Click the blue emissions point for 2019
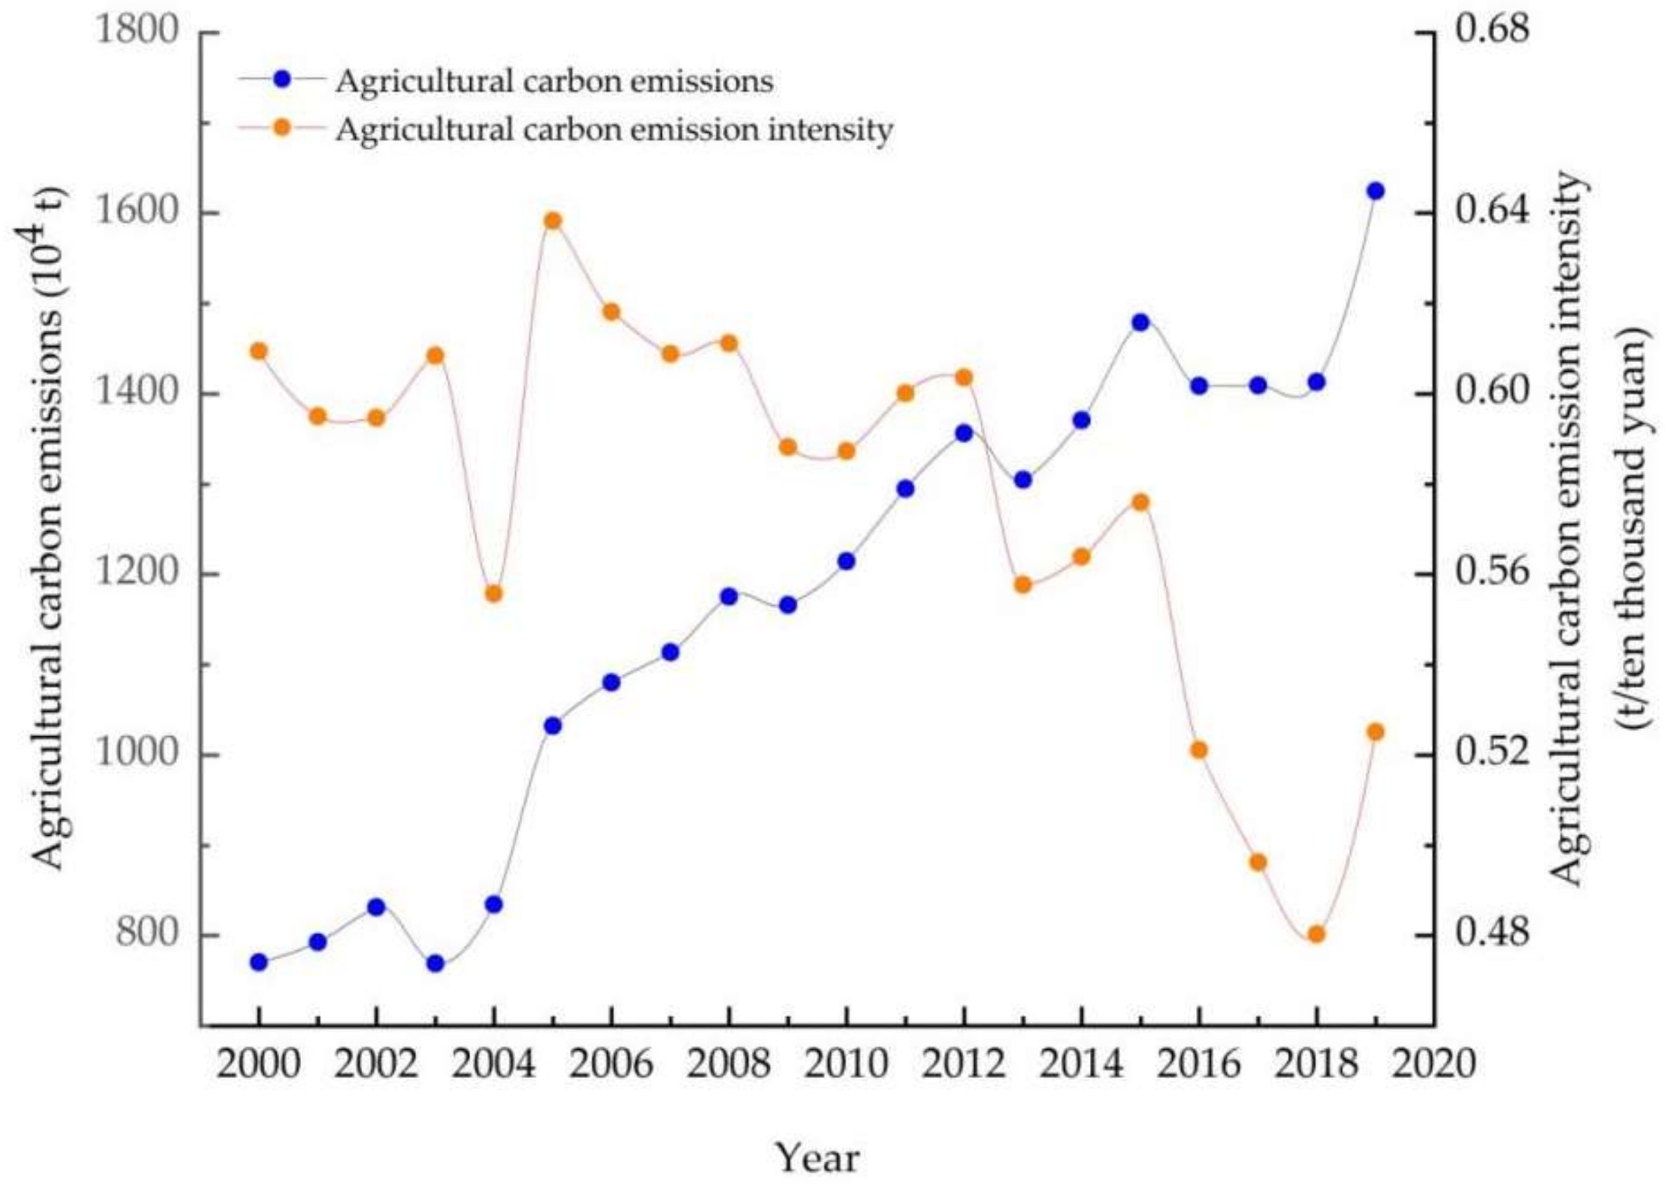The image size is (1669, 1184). pyautogui.click(x=1375, y=191)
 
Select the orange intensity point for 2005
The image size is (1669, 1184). pyautogui.click(x=552, y=220)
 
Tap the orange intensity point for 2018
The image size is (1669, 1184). pyautogui.click(x=1316, y=934)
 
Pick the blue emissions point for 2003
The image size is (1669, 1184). pyautogui.click(x=435, y=963)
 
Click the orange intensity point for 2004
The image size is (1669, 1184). pyautogui.click(x=493, y=594)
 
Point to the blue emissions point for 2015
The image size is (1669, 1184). pyautogui.click(x=1141, y=322)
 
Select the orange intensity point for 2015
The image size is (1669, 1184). pyautogui.click(x=1141, y=503)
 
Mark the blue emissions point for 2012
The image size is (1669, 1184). pyautogui.click(x=964, y=433)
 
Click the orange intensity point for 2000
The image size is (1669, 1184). pyautogui.click(x=258, y=352)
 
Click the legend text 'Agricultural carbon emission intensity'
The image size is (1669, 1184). pyautogui.click(x=614, y=131)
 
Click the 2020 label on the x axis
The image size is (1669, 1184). pyautogui.click(x=1433, y=1065)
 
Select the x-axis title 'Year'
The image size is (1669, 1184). pyautogui.click(x=817, y=1157)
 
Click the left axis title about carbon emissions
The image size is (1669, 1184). pyautogui.click(x=50, y=528)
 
